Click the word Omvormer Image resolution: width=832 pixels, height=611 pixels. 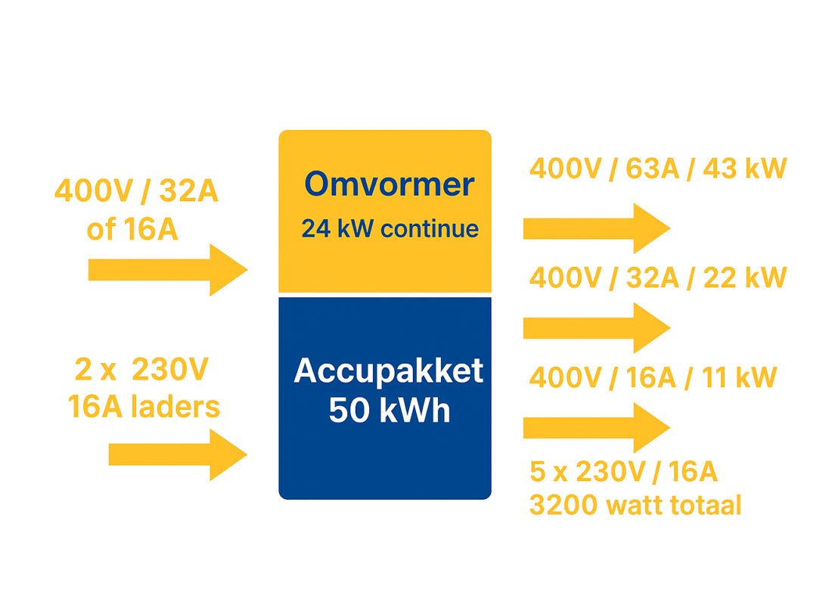pos(389,185)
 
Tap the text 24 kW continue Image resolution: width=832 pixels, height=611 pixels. pos(390,228)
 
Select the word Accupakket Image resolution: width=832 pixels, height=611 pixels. pos(389,371)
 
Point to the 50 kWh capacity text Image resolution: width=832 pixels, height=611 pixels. pos(390,410)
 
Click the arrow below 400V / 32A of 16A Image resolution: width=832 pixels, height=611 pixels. pos(168,270)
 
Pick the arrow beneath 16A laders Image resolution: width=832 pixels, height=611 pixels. pos(178,455)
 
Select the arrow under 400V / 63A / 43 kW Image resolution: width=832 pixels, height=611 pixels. pos(597,228)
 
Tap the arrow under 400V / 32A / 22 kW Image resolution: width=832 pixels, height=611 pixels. pos(597,328)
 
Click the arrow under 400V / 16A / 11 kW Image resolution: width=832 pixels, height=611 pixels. pos(597,427)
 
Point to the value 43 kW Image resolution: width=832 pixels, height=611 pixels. pos(745,169)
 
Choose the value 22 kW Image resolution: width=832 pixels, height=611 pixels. pos(745,278)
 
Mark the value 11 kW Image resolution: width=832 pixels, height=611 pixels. pos(739,377)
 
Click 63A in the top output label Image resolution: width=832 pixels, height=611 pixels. pos(653,169)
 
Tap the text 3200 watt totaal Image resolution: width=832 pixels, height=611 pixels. pos(635,505)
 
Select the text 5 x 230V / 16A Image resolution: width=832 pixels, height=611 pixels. pos(623,472)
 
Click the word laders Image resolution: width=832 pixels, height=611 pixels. pos(175,407)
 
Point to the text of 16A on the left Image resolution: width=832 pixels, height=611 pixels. pos(132,229)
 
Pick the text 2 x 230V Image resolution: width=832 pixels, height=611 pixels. pos(141,369)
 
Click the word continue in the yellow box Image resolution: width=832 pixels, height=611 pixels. pos(430,228)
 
